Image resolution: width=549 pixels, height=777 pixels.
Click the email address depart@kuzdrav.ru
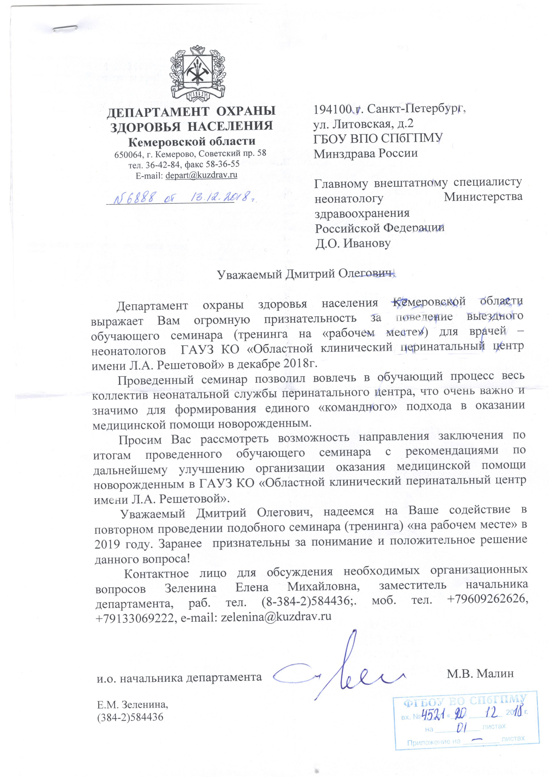coord(201,175)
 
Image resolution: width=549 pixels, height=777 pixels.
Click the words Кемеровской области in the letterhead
coord(192,141)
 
